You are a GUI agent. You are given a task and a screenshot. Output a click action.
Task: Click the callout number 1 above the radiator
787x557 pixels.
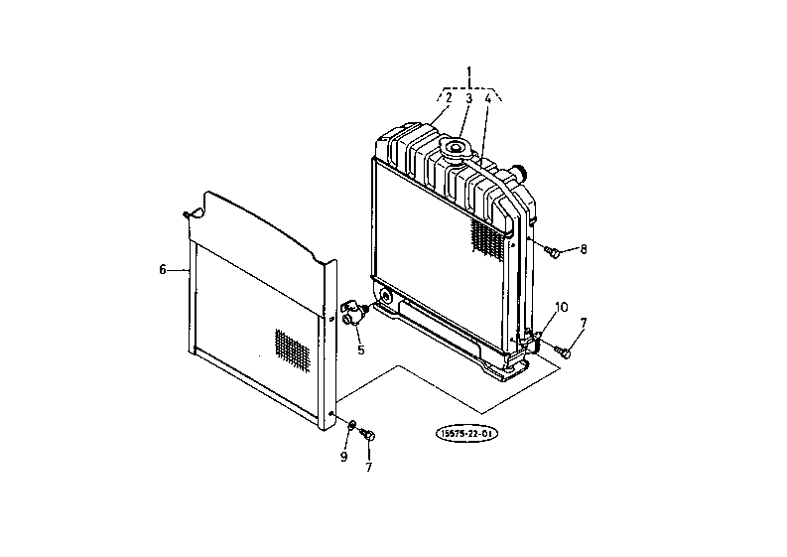point(469,71)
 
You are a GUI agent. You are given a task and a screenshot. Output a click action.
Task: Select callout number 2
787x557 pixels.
point(449,97)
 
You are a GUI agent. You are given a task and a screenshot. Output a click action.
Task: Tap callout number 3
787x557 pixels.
point(468,98)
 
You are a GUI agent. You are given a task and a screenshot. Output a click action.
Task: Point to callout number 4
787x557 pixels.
point(488,98)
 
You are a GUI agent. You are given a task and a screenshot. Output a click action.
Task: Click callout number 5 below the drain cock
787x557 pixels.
point(361,349)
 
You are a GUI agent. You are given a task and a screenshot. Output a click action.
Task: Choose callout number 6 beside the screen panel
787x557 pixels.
point(163,270)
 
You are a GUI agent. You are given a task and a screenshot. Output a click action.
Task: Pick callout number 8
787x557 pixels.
point(584,249)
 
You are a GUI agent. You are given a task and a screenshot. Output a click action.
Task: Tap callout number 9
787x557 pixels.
point(343,457)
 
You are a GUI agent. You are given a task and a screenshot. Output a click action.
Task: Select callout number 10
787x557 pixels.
point(562,307)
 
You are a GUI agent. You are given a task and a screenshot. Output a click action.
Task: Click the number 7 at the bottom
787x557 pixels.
point(369,467)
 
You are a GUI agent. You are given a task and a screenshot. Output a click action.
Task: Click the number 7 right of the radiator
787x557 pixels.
point(584,323)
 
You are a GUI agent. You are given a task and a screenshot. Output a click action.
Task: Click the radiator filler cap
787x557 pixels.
point(456,150)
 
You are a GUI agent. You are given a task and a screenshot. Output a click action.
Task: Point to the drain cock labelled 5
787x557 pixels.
point(353,313)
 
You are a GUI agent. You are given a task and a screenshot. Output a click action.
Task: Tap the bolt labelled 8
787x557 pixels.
point(552,252)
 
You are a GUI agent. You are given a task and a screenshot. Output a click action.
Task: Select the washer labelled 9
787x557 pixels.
point(352,425)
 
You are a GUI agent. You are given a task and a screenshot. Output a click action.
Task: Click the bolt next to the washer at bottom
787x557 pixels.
point(368,435)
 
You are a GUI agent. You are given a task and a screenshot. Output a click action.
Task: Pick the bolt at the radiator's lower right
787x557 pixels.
point(562,351)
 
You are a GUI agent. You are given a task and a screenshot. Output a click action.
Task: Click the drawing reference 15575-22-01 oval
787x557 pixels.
point(466,434)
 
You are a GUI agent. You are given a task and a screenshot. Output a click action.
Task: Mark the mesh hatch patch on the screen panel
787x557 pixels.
point(292,350)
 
